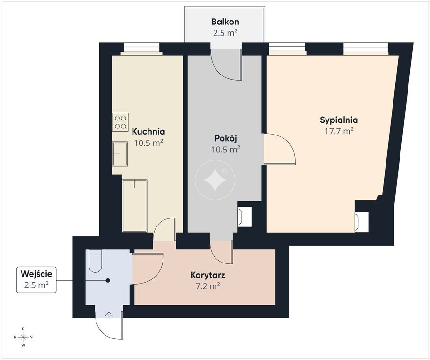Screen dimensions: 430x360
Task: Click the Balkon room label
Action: (225, 22)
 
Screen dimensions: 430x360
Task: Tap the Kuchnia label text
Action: (148, 131)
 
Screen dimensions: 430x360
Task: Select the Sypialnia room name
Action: (339, 120)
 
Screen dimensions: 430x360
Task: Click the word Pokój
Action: (226, 138)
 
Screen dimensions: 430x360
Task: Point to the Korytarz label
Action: (208, 275)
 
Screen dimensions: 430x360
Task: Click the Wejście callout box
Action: (37, 279)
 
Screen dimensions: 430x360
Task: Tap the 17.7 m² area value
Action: (339, 131)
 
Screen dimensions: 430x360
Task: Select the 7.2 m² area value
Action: (208, 286)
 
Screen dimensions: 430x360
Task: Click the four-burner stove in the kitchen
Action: (120, 122)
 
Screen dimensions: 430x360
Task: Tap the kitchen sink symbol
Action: (120, 154)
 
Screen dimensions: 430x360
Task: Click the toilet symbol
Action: (96, 261)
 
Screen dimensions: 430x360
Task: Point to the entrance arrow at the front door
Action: (109, 315)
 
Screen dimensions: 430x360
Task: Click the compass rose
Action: (23, 337)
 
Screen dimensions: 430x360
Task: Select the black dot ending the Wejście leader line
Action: (108, 280)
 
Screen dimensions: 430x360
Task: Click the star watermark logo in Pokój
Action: (215, 180)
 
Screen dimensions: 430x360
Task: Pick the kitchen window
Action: (141, 47)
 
